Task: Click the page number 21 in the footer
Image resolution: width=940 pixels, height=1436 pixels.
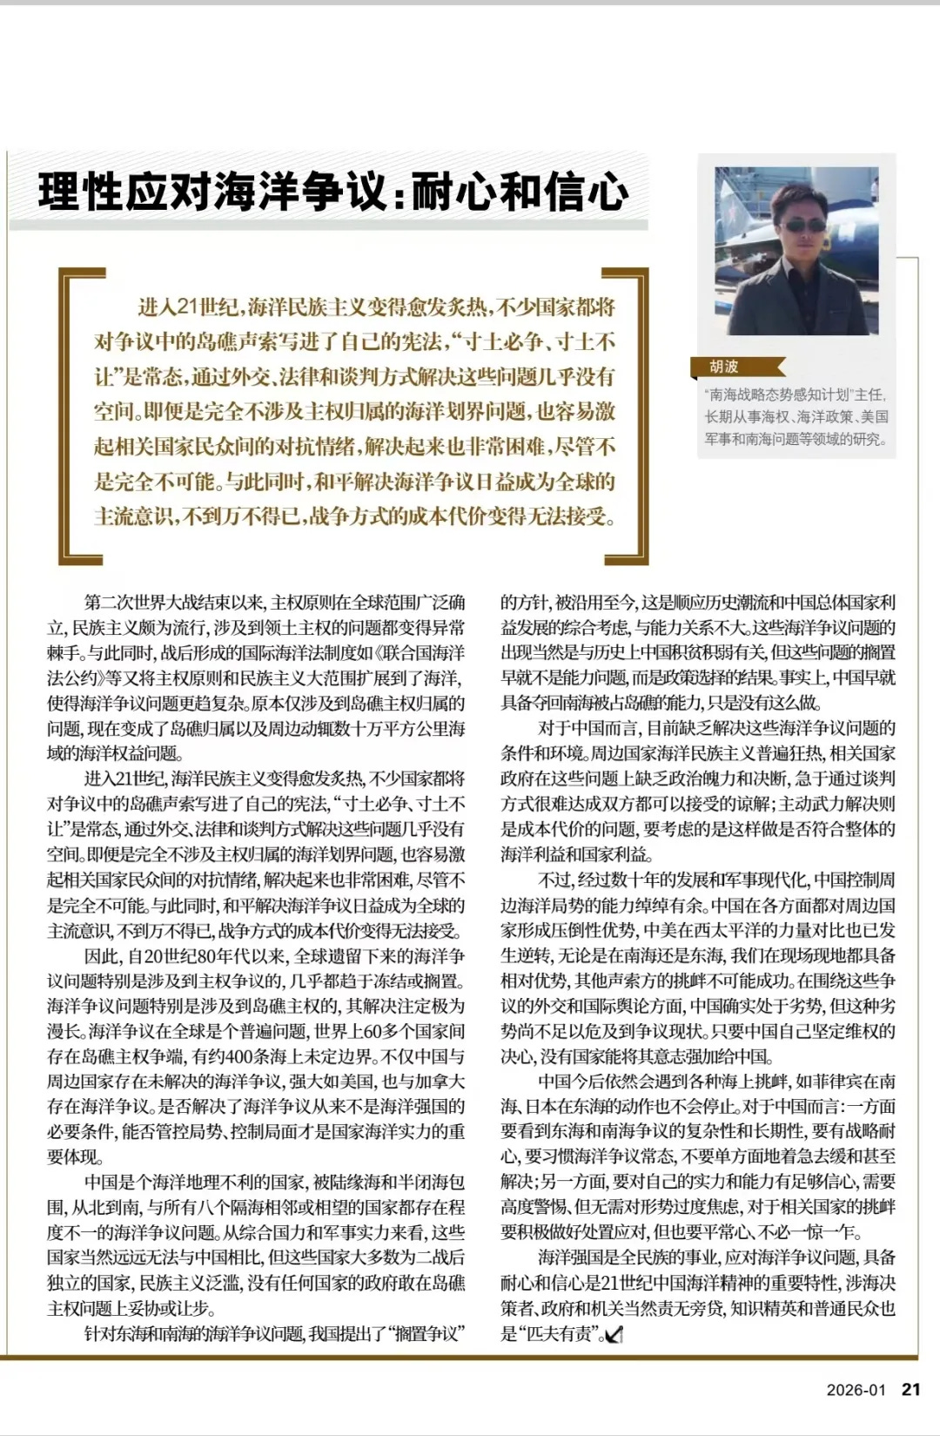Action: [x=910, y=1389]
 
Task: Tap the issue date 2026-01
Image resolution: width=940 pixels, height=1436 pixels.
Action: [x=856, y=1390]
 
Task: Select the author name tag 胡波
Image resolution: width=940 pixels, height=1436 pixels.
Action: [x=724, y=367]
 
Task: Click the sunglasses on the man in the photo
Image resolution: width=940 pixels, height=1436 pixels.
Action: [x=802, y=226]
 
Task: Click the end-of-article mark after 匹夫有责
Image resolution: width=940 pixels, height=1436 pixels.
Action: [x=614, y=1334]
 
